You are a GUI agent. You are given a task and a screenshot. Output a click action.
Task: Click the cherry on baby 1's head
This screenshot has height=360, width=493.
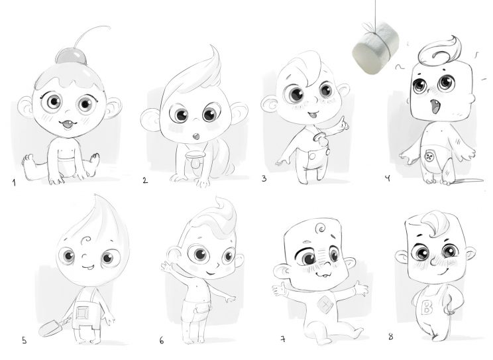pos(71,56)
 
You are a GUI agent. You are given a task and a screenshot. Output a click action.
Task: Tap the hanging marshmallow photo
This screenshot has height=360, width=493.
pos(376,48)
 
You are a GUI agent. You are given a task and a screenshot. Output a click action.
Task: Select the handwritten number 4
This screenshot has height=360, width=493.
pos(388,178)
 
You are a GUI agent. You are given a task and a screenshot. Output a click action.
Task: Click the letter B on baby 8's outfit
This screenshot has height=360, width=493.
pos(427,308)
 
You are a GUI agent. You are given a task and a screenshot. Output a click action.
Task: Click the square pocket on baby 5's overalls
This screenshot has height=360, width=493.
pos(82,313)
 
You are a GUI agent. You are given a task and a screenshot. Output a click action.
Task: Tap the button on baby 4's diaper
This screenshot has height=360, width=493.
pos(429,156)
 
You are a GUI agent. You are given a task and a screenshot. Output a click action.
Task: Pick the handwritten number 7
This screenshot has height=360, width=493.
pos(283,339)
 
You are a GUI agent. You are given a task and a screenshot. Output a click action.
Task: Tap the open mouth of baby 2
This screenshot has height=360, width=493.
pos(196,137)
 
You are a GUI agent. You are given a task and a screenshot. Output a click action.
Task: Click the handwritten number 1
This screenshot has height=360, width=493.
pos(14,182)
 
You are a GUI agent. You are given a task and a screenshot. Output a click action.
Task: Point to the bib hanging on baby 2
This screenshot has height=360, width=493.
pos(195,158)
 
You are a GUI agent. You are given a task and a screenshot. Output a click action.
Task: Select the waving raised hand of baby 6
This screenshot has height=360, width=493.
pos(167,267)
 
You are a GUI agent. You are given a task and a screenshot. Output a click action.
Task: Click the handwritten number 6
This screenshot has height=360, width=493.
pos(162,341)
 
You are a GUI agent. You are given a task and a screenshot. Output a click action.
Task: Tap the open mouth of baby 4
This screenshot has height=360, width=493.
pos(435,107)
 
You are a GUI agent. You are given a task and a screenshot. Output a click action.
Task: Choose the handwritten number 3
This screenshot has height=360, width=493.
pos(264,178)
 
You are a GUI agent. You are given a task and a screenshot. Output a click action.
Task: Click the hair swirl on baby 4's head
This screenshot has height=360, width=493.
pos(439,51)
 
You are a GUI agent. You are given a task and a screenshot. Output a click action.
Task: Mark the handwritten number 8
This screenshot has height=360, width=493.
pos(390,337)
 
